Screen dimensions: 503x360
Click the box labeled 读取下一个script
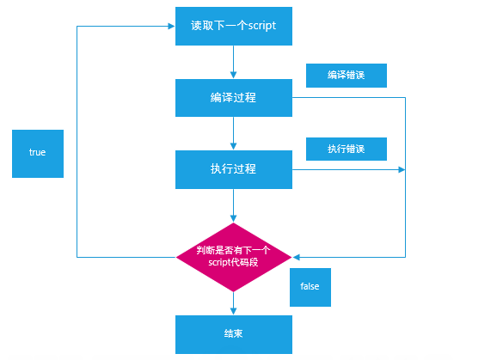(x=234, y=26)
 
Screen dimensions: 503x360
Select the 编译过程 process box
(x=234, y=98)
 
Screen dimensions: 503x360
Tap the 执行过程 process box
(x=234, y=169)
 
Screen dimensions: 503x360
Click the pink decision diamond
(x=234, y=257)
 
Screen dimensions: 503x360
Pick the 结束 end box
(x=234, y=334)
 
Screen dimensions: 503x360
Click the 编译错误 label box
(x=347, y=76)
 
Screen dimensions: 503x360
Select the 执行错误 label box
(x=347, y=149)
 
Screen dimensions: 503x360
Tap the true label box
(x=38, y=154)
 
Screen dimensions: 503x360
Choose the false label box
(x=310, y=287)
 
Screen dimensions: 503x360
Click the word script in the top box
(x=262, y=26)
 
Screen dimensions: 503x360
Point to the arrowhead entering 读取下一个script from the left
(x=172, y=26)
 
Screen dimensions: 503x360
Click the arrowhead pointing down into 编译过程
(x=234, y=76)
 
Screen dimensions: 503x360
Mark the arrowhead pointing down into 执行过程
(x=234, y=147)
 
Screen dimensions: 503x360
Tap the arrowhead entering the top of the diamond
(x=234, y=218)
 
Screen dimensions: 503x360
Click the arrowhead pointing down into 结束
(x=234, y=312)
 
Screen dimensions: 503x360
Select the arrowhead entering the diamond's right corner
(x=296, y=257)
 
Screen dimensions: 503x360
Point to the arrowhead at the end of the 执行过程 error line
(x=402, y=169)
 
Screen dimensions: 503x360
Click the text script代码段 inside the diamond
(x=233, y=263)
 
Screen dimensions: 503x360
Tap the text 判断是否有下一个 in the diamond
(x=233, y=250)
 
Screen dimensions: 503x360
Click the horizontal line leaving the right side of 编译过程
(x=349, y=97)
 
